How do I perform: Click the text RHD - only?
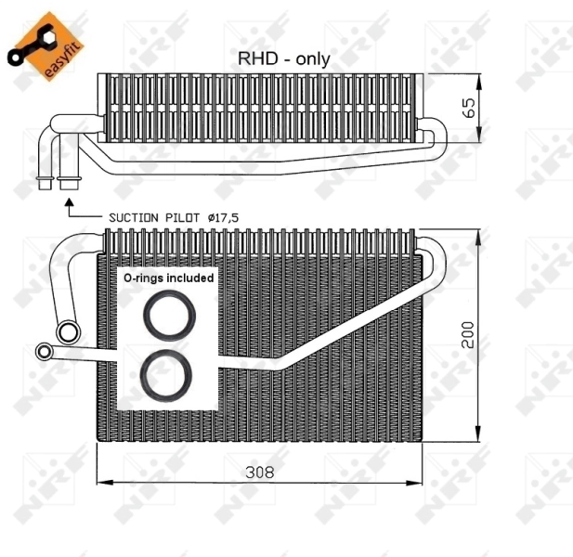point(283,58)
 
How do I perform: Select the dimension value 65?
point(470,108)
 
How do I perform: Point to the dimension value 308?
point(259,471)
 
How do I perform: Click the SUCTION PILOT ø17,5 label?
point(173,216)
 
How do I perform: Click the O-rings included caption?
point(168,278)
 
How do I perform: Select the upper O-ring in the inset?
point(169,317)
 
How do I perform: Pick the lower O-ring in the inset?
point(168,373)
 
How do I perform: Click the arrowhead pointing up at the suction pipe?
point(66,198)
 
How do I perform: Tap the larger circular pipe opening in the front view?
point(67,331)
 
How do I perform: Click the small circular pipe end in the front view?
point(44,351)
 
